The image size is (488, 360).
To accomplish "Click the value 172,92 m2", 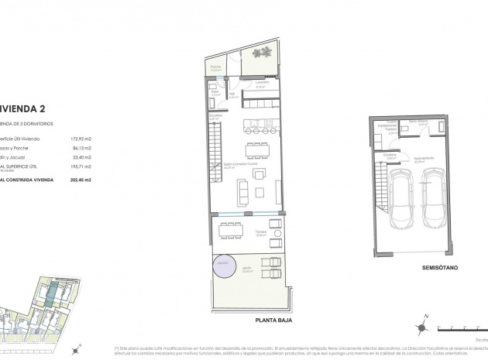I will click(x=80, y=137).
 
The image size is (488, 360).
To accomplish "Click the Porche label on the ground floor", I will click(x=216, y=68).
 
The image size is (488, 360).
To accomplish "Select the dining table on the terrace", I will click(x=229, y=230).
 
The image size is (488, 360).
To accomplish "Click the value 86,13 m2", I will click(x=81, y=146).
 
